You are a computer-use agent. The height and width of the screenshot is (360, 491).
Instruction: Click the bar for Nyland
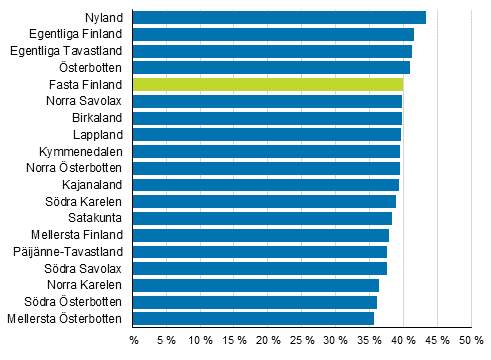(279, 17)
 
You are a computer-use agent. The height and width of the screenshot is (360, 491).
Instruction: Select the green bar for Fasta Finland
(268, 84)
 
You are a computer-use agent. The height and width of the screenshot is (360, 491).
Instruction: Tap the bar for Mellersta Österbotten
(253, 319)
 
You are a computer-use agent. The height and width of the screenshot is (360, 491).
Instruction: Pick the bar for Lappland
(267, 134)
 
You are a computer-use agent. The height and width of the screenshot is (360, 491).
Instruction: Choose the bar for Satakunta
(262, 218)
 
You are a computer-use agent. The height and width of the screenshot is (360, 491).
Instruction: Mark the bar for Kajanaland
(266, 185)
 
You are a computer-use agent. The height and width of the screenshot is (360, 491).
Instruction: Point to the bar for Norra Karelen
(256, 285)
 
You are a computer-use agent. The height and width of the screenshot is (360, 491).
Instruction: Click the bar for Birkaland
(267, 118)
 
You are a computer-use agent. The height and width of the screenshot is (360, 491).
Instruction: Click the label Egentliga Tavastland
(66, 51)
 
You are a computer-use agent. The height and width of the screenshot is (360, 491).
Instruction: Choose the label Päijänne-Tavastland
(69, 252)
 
